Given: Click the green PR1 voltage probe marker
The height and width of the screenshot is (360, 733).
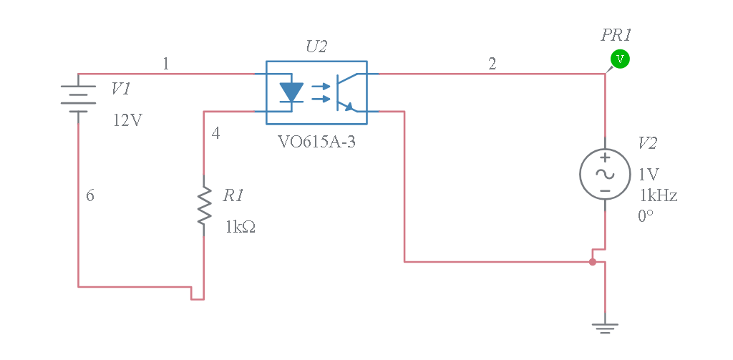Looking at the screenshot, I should click(x=620, y=59).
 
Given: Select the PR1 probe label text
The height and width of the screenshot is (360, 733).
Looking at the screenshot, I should click(x=616, y=34).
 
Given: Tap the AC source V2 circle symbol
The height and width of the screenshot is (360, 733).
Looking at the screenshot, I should click(x=605, y=174).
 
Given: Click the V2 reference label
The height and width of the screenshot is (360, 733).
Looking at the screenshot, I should click(x=647, y=143).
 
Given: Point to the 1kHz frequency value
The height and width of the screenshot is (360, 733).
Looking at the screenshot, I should click(x=658, y=195).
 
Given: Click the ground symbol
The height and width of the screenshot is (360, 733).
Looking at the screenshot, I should click(x=605, y=327).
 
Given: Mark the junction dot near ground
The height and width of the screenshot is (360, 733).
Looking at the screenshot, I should click(x=592, y=262).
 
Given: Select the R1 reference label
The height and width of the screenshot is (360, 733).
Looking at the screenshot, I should click(x=233, y=195).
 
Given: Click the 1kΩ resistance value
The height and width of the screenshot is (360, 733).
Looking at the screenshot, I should click(x=241, y=228).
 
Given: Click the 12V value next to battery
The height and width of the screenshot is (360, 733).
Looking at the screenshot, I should click(x=127, y=120).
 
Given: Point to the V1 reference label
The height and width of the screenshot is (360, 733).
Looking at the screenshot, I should click(x=121, y=89).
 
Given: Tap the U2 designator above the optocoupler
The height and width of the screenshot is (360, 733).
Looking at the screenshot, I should click(x=316, y=47).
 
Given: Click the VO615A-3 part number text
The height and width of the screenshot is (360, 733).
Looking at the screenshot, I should click(x=316, y=141).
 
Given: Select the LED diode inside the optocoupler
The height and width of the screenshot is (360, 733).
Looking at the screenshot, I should click(x=291, y=92).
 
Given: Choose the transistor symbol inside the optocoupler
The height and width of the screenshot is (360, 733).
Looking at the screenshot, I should click(x=346, y=92).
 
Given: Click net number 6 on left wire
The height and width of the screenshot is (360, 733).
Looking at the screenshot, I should click(x=90, y=195).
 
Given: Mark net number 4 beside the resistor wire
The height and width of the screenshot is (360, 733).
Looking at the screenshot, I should click(x=216, y=132).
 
